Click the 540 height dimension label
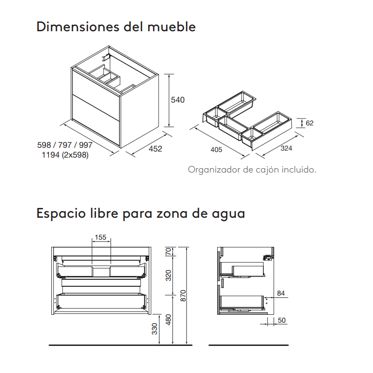pos(178,100)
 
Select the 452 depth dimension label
pos(155,149)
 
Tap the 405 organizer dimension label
pos(216,150)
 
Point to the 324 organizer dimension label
pos(286,148)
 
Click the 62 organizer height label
pos(310,123)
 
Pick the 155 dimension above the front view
pos(101,237)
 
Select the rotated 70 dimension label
pos(168,251)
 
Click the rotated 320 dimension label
pos(168,276)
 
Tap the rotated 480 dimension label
pos(168,320)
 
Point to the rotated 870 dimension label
pos(183,296)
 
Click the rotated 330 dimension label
pos(155,329)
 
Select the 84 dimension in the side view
pos(281,293)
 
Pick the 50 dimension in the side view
pos(282,320)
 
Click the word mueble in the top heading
pos(172,27)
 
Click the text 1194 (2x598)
pos(65,155)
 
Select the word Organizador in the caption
pos(214,170)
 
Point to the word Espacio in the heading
pos(61,214)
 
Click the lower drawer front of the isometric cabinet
pos(96,120)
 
